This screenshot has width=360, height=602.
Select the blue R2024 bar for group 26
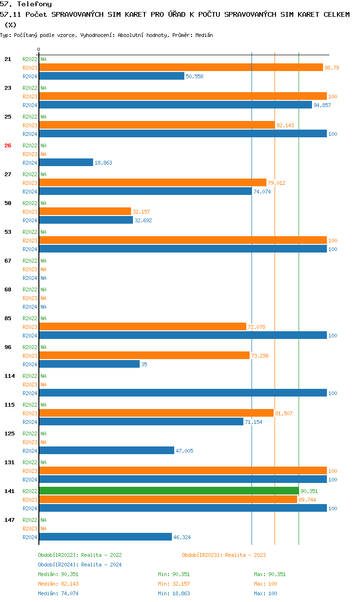click(x=66, y=163)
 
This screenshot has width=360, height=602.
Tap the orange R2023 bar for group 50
click(x=85, y=212)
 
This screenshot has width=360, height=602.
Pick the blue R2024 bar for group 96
click(x=89, y=364)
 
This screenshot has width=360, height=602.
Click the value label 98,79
click(x=332, y=68)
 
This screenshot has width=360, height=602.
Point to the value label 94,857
click(x=322, y=105)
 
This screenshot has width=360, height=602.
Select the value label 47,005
click(x=184, y=451)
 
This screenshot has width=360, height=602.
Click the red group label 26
click(x=8, y=145)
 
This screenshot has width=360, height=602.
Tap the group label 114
click(x=10, y=376)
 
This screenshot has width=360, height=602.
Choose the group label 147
click(x=10, y=520)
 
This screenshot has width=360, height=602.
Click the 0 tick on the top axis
click(x=39, y=50)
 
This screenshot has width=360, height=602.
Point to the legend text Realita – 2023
click(x=245, y=555)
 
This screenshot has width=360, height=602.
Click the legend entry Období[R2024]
click(x=59, y=565)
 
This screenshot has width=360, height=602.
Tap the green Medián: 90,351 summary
click(x=58, y=574)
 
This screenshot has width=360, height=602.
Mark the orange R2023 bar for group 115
click(x=156, y=413)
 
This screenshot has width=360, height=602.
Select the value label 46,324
click(x=182, y=537)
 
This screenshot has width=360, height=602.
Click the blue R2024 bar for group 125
click(x=107, y=451)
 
